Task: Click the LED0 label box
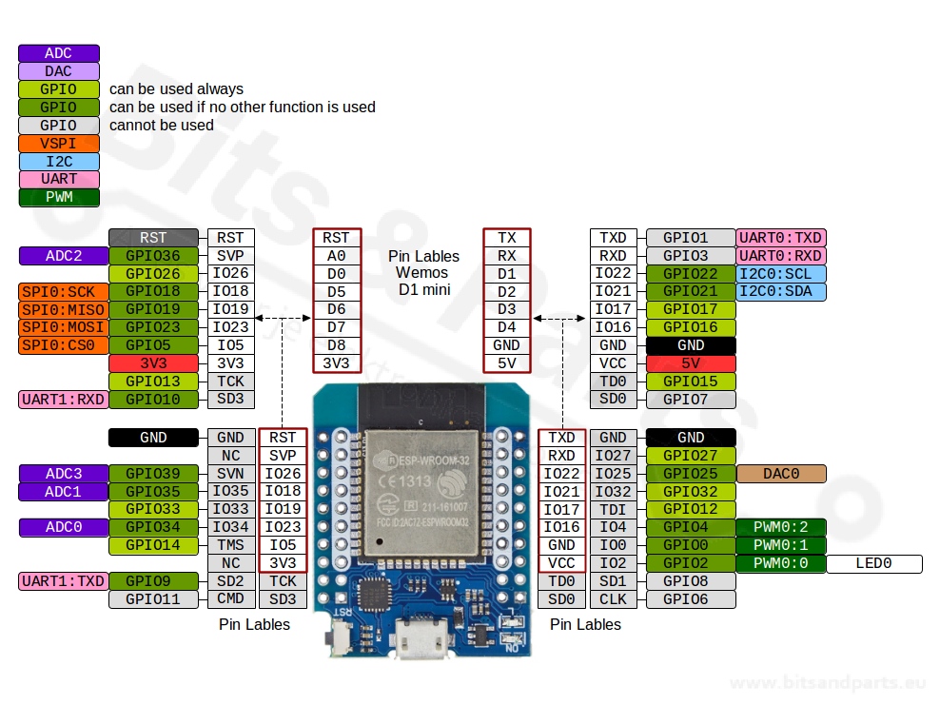[873, 563]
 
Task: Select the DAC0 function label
[780, 474]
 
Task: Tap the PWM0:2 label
[780, 527]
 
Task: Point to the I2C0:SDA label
[780, 291]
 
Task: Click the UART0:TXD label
[780, 238]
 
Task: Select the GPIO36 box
[153, 256]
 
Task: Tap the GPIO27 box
[690, 456]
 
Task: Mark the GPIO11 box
[153, 599]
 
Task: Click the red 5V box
[690, 363]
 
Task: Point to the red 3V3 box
[153, 363]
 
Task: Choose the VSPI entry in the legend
[58, 144]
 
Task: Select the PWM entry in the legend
[58, 198]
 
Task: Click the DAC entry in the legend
[58, 71]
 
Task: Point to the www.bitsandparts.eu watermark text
[827, 683]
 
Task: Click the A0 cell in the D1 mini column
[336, 256]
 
